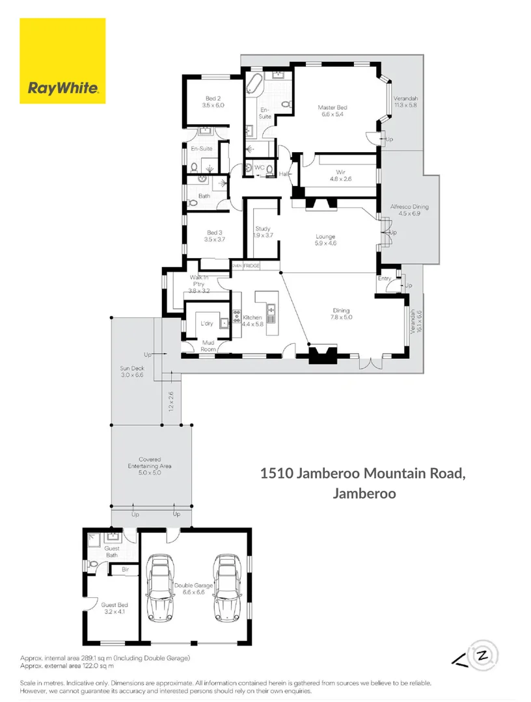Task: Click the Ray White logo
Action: pyautogui.click(x=62, y=61)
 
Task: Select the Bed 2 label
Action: pyautogui.click(x=213, y=101)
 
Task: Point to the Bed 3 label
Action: pyautogui.click(x=215, y=235)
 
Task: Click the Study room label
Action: pyautogui.click(x=263, y=232)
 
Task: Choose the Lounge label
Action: pyautogui.click(x=325, y=240)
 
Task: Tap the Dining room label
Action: pyautogui.click(x=342, y=314)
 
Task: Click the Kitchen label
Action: pyautogui.click(x=252, y=320)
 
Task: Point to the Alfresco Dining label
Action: pyautogui.click(x=409, y=210)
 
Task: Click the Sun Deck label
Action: pyautogui.click(x=131, y=371)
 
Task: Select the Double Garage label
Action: pyautogui.click(x=194, y=588)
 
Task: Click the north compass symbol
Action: pyautogui.click(x=483, y=655)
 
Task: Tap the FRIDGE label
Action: pyautogui.click(x=252, y=266)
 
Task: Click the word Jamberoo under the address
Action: pyautogui.click(x=364, y=493)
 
